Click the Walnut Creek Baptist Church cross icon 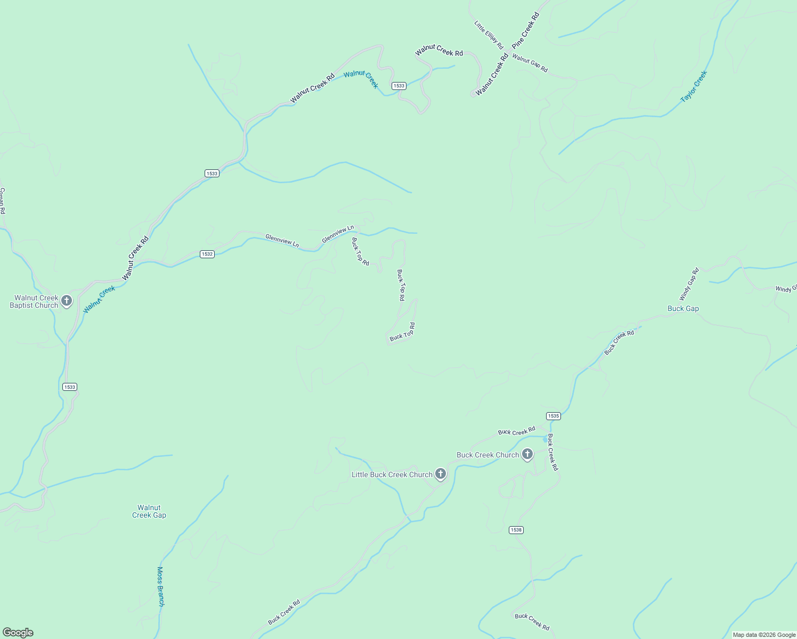[x=67, y=301]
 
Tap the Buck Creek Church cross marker [x=527, y=454]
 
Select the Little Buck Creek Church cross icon [x=440, y=473]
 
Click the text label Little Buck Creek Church [x=392, y=474]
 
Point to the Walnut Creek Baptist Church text [x=34, y=302]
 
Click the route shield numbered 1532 [x=207, y=254]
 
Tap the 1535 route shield [x=553, y=416]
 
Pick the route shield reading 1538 [x=516, y=530]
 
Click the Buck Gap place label [x=683, y=309]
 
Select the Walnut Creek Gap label [x=149, y=512]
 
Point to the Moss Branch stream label [x=160, y=586]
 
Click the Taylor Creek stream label [x=694, y=87]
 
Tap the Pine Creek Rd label [x=526, y=31]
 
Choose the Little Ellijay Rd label [x=489, y=35]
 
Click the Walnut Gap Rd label [x=530, y=63]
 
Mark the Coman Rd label [x=2, y=201]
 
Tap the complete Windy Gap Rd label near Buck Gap [x=689, y=284]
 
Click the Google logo [x=18, y=633]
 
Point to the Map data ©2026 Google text [x=764, y=635]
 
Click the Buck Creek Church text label [x=487, y=455]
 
